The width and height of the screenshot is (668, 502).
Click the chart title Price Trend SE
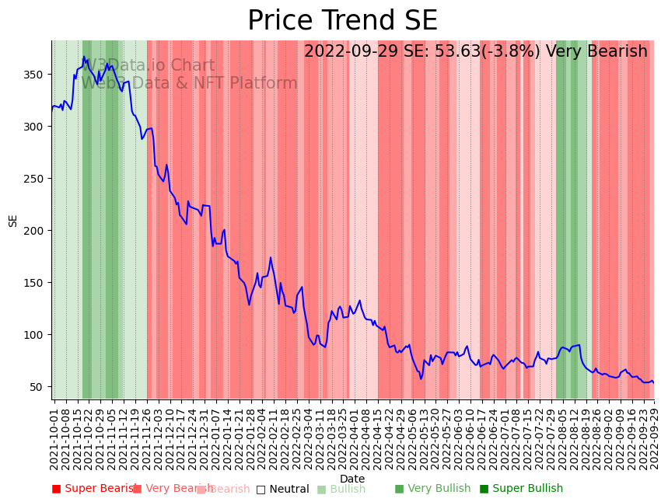click(x=342, y=21)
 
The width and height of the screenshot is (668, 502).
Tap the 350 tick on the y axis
click(x=37, y=75)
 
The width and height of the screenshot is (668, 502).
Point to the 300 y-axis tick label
click(x=37, y=127)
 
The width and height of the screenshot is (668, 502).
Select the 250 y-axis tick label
click(x=37, y=179)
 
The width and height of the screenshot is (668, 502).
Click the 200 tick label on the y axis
click(x=37, y=231)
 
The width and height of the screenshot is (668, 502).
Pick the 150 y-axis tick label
click(x=37, y=283)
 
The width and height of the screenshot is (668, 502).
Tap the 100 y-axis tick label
click(x=37, y=335)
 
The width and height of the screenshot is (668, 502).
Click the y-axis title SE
click(x=13, y=221)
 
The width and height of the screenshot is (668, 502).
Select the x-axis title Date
click(x=352, y=479)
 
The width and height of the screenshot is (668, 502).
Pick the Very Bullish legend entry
click(x=432, y=489)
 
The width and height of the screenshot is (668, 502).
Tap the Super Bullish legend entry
click(x=521, y=489)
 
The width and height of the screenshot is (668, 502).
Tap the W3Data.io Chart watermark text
click(x=148, y=66)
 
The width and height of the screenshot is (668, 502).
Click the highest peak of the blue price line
click(x=83, y=56)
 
